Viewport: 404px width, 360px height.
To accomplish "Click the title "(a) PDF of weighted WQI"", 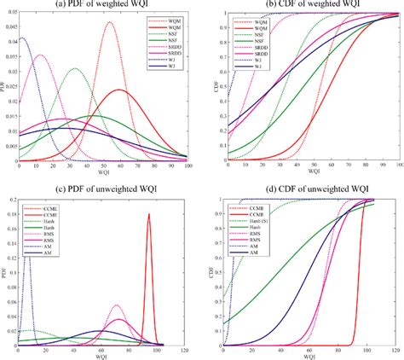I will (x=104, y=6).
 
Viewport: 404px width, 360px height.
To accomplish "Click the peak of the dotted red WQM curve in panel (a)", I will (x=110, y=23).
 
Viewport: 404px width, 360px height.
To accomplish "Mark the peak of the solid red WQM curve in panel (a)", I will (x=119, y=90).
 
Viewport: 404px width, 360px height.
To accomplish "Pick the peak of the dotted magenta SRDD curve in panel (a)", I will (x=39, y=55).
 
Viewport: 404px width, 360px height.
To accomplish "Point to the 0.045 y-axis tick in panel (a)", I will (x=9, y=24).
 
